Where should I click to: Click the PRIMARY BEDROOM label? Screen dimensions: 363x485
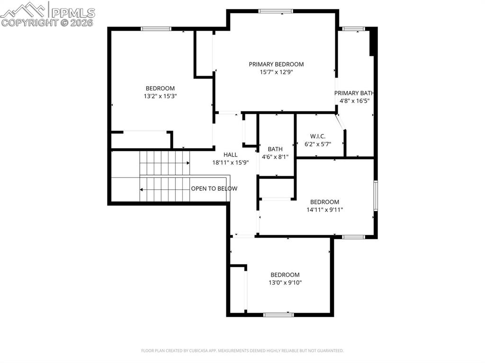(x=276, y=64)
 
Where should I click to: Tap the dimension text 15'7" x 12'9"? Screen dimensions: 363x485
(x=276, y=72)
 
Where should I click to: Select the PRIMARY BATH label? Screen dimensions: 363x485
(x=354, y=93)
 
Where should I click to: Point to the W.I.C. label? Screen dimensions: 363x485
(x=318, y=136)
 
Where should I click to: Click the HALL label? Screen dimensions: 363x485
(x=231, y=155)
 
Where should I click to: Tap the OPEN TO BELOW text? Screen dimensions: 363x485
(x=214, y=188)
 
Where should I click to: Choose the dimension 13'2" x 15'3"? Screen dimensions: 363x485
(x=160, y=96)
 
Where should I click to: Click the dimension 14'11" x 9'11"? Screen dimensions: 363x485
(x=324, y=210)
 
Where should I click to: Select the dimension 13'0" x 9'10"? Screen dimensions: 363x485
(x=285, y=283)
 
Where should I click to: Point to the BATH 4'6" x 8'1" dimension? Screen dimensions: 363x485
(x=275, y=157)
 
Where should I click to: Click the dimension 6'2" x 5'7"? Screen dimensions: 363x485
(x=318, y=144)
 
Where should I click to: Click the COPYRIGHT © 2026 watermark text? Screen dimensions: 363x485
(x=47, y=22)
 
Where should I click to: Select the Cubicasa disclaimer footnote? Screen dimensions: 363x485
(x=242, y=351)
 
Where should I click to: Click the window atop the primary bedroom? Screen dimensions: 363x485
(x=276, y=11)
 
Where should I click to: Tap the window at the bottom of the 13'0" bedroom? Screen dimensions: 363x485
(x=278, y=314)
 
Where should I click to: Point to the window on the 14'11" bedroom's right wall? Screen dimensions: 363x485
(x=376, y=195)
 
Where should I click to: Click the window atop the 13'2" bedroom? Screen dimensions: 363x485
(x=156, y=29)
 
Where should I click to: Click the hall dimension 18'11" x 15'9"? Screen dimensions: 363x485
(x=231, y=162)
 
